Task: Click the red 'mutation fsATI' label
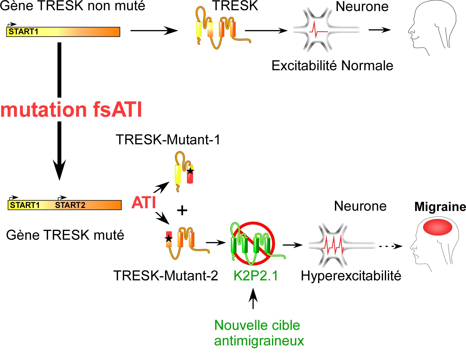point(71,109)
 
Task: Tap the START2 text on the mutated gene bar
point(70,205)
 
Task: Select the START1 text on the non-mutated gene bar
point(23,32)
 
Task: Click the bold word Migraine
point(440,207)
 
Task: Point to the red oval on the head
point(438,227)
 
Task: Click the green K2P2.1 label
point(256,276)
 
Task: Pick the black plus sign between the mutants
point(182,210)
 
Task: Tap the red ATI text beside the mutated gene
point(144,202)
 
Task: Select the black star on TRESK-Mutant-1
point(190,171)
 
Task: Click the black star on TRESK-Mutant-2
point(169,238)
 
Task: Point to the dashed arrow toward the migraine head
point(390,246)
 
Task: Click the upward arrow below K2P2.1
point(253,299)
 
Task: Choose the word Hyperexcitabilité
point(351,276)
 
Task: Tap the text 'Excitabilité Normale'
point(332,66)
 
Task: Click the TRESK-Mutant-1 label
point(168,140)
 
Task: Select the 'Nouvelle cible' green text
point(257,325)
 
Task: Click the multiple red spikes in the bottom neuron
point(334,244)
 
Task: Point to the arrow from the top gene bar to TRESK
point(154,30)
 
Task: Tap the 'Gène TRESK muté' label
point(65,235)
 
